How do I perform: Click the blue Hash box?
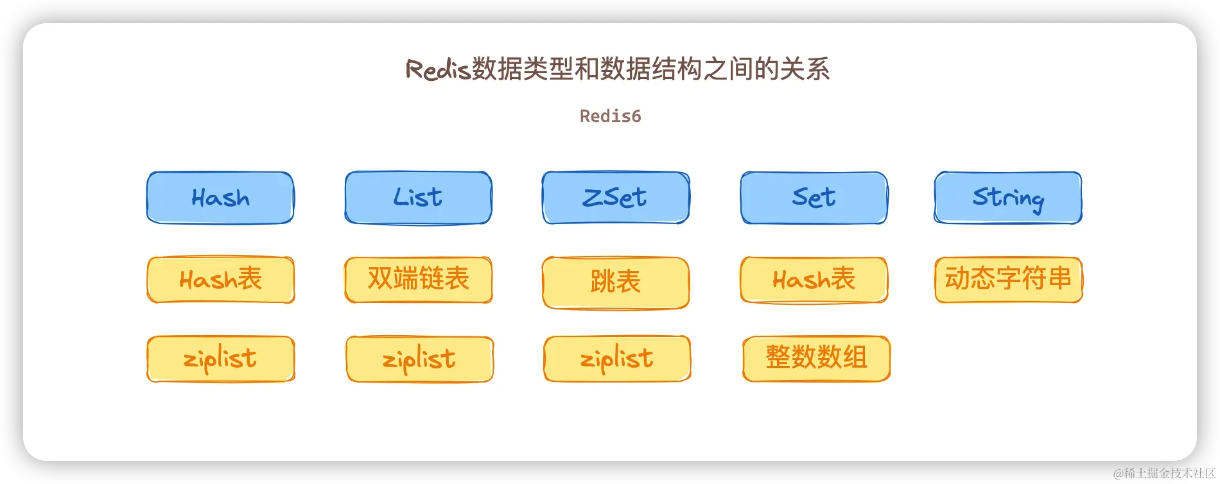click(x=220, y=198)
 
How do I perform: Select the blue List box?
click(x=418, y=198)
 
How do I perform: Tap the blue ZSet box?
click(x=615, y=198)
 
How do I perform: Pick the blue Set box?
click(x=814, y=198)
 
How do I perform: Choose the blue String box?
click(x=1007, y=198)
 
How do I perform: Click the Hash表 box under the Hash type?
click(x=220, y=279)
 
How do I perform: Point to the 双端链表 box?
click(x=418, y=279)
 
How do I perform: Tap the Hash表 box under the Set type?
click(x=814, y=279)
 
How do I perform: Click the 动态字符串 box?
click(x=1008, y=279)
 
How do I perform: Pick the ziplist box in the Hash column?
click(x=220, y=359)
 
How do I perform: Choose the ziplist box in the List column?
click(x=419, y=359)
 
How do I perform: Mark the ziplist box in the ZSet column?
click(x=617, y=359)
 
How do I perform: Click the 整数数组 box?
click(x=816, y=358)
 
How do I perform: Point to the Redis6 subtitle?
click(x=610, y=116)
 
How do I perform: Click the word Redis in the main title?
click(x=438, y=69)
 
